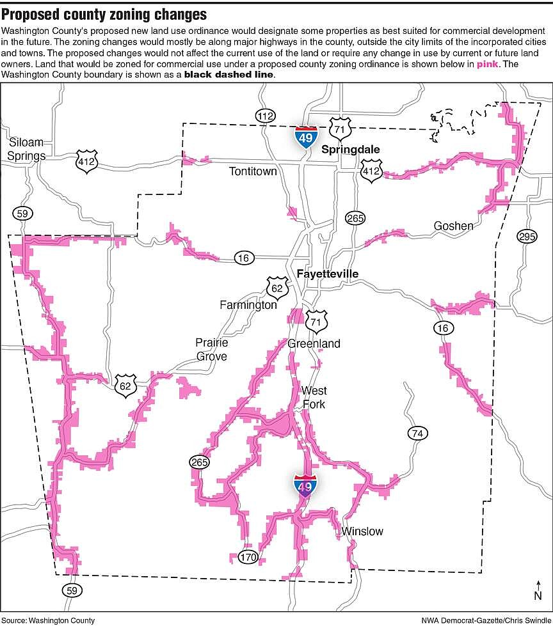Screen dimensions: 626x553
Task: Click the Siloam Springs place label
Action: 27,148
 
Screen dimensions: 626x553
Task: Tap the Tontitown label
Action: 253,171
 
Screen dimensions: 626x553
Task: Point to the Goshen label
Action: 453,226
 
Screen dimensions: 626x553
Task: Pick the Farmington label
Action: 248,304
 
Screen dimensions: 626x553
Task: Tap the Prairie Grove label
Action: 211,349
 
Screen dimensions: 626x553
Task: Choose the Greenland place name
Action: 314,343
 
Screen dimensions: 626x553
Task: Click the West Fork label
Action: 314,397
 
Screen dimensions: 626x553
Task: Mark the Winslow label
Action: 362,531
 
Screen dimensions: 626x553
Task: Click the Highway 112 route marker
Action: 264,116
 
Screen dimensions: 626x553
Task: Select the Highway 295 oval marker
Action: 526,236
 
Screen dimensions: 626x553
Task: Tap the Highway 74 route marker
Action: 417,434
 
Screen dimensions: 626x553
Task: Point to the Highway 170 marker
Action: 248,557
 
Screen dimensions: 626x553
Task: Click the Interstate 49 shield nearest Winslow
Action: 305,485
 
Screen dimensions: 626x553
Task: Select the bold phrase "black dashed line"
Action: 229,75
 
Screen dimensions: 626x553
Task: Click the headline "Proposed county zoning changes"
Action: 104,14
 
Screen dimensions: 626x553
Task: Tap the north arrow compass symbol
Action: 538,591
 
